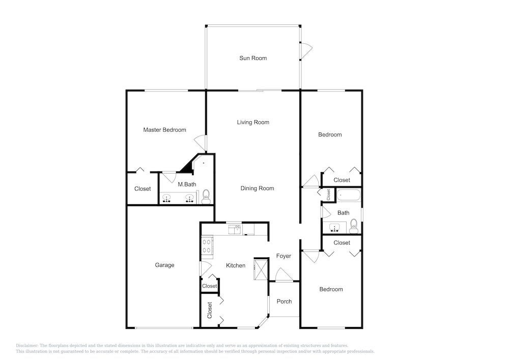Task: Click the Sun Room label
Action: (253, 58)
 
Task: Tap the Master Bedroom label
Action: (164, 130)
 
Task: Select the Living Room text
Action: (253, 122)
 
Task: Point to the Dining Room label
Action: (257, 188)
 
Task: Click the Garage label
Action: (164, 265)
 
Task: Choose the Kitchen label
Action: (236, 265)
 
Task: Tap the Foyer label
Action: (284, 256)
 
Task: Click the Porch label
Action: (285, 301)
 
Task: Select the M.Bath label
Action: (187, 184)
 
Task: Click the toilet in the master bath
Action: (206, 197)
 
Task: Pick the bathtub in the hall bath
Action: (349, 196)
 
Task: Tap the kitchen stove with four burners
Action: (207, 246)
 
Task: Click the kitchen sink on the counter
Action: (234, 230)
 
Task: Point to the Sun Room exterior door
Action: (306, 50)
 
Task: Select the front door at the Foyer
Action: (284, 274)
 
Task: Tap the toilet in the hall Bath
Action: (354, 226)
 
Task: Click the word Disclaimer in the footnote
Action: (26, 346)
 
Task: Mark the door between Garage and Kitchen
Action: (206, 269)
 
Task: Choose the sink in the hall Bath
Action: (334, 227)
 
